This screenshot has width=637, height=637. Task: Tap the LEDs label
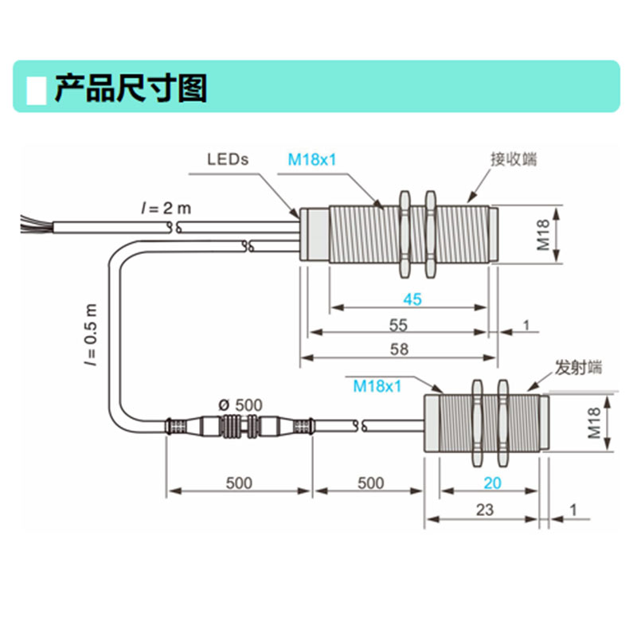[228, 158]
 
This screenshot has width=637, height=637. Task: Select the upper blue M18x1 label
[312, 158]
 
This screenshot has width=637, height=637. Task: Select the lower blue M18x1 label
[376, 386]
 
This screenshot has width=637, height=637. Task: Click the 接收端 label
[514, 158]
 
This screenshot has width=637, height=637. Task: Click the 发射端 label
[579, 368]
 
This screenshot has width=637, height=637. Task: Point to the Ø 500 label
[240, 405]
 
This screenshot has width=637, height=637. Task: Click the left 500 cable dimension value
[239, 483]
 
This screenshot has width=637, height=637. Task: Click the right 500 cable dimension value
[369, 483]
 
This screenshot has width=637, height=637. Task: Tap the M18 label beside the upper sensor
[544, 236]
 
